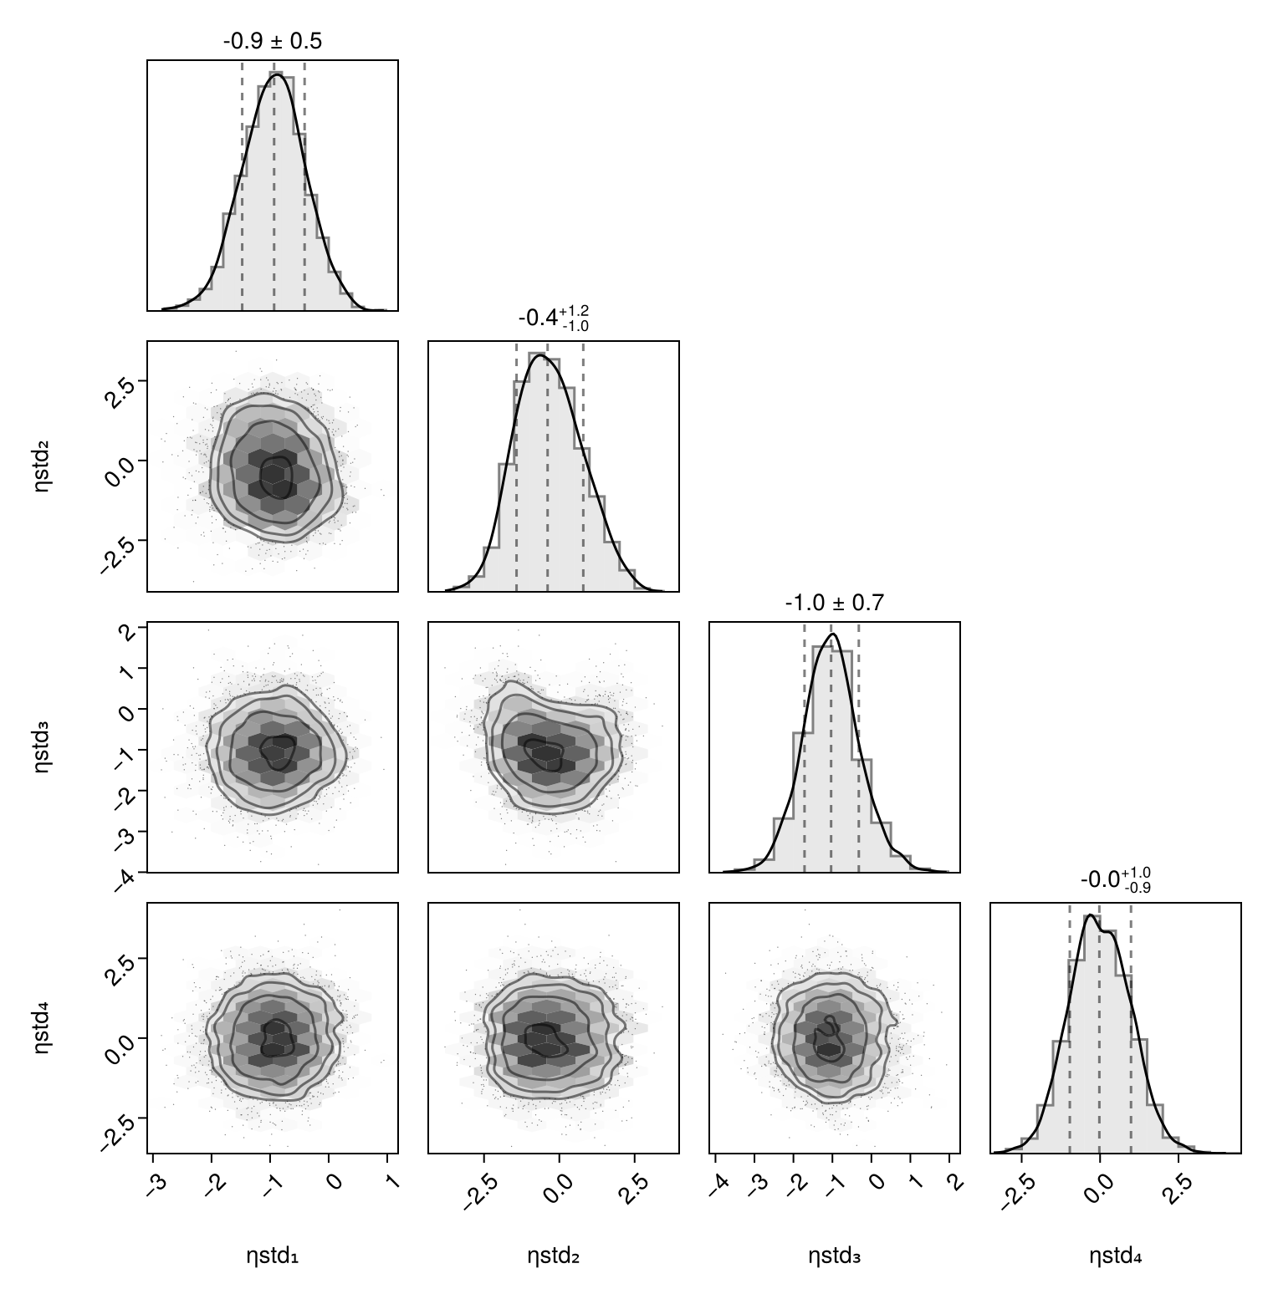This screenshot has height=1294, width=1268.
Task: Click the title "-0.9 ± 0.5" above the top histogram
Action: pos(272,41)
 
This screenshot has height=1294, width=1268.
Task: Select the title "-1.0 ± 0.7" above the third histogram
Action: pos(834,603)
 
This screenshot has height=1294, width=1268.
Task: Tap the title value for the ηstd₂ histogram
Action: pos(553,318)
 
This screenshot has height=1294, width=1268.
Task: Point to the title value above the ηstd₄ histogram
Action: pos(1115,880)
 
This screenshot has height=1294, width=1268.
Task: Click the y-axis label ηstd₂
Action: pos(42,466)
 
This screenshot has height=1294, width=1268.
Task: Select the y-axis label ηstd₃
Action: pos(42,746)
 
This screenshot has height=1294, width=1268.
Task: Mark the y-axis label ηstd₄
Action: pos(42,1027)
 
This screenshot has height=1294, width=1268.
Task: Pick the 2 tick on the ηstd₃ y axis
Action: pos(127,632)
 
